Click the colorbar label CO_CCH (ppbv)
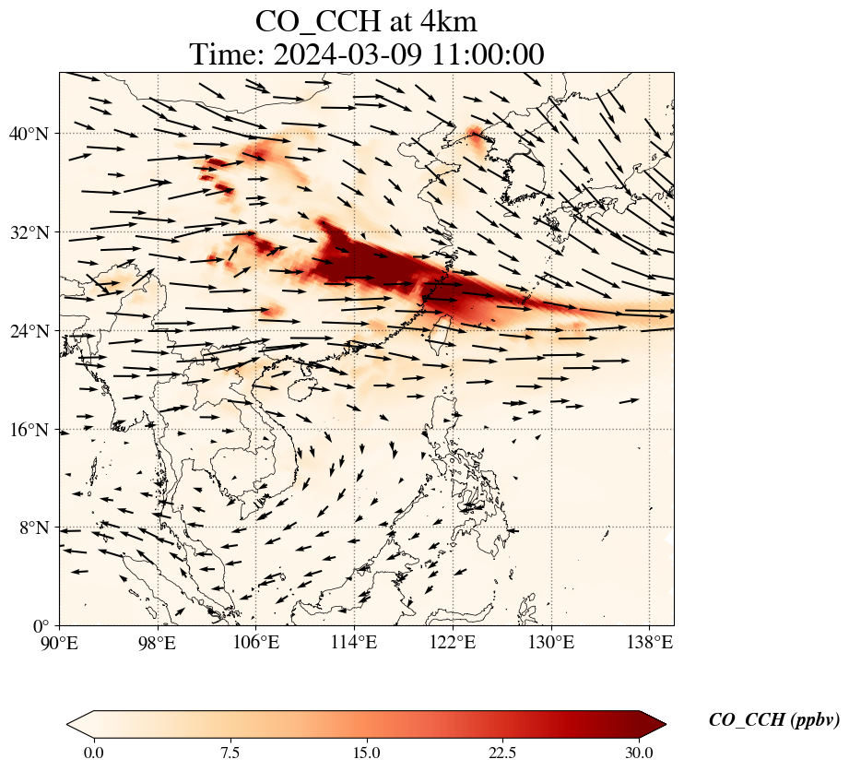pos(773,720)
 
